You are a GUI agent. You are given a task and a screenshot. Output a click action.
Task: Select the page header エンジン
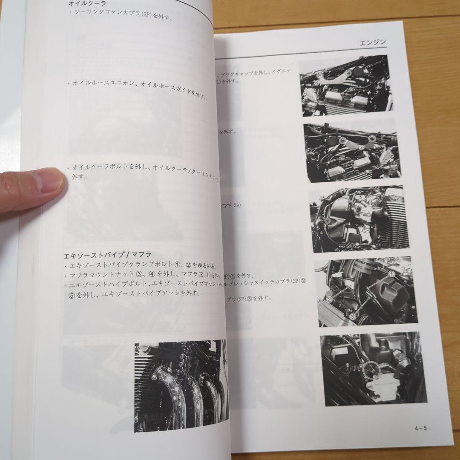point(372,42)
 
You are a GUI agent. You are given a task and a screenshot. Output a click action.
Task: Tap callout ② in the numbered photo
point(329,299)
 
